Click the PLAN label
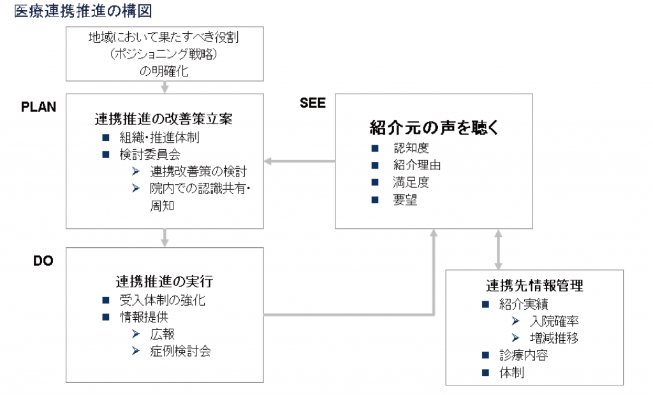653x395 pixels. [x=38, y=107]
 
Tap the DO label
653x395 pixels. [x=43, y=261]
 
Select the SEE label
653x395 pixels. [x=312, y=103]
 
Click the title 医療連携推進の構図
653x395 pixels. [x=84, y=11]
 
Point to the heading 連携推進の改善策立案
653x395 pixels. [x=164, y=119]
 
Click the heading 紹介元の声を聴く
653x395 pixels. [x=434, y=127]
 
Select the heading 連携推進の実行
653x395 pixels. [x=165, y=282]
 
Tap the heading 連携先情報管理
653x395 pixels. [x=535, y=285]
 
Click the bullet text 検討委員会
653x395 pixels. [x=150, y=154]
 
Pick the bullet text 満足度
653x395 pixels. [x=411, y=182]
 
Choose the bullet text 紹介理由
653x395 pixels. [x=417, y=165]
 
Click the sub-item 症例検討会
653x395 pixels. [x=180, y=351]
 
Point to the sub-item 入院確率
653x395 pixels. [x=554, y=321]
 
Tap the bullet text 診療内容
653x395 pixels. [x=524, y=355]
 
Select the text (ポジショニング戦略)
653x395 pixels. [x=164, y=54]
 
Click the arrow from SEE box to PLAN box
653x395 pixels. [x=300, y=161]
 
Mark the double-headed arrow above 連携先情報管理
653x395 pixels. [x=498, y=249]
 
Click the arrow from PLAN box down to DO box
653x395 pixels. [x=165, y=238]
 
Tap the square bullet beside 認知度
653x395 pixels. [x=375, y=148]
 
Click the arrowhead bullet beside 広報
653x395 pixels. [x=136, y=334]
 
